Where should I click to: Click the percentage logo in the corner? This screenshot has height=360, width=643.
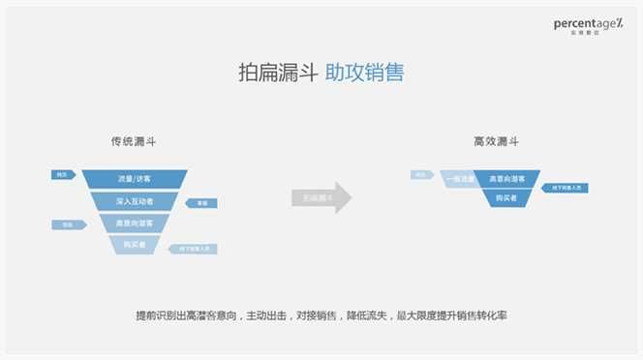pyautogui.click(x=589, y=24)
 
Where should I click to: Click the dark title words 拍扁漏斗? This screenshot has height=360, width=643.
pyautogui.click(x=277, y=73)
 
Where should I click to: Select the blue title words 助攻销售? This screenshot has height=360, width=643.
pyautogui.click(x=364, y=73)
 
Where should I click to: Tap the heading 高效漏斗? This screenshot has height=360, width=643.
pyautogui.click(x=495, y=141)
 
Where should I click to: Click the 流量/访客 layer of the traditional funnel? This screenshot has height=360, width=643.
pyautogui.click(x=135, y=179)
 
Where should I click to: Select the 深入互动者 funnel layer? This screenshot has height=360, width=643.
pyautogui.click(x=135, y=201)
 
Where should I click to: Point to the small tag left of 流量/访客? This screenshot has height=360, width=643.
pyautogui.click(x=64, y=174)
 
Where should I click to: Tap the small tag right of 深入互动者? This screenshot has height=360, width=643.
pyautogui.click(x=203, y=203)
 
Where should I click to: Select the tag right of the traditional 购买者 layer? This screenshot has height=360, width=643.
pyautogui.click(x=193, y=249)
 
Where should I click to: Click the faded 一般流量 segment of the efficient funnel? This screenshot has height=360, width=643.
pyautogui.click(x=458, y=179)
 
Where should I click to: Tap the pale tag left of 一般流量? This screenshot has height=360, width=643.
pyautogui.click(x=422, y=175)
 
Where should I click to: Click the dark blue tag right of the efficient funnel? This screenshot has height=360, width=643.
pyautogui.click(x=565, y=187)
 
